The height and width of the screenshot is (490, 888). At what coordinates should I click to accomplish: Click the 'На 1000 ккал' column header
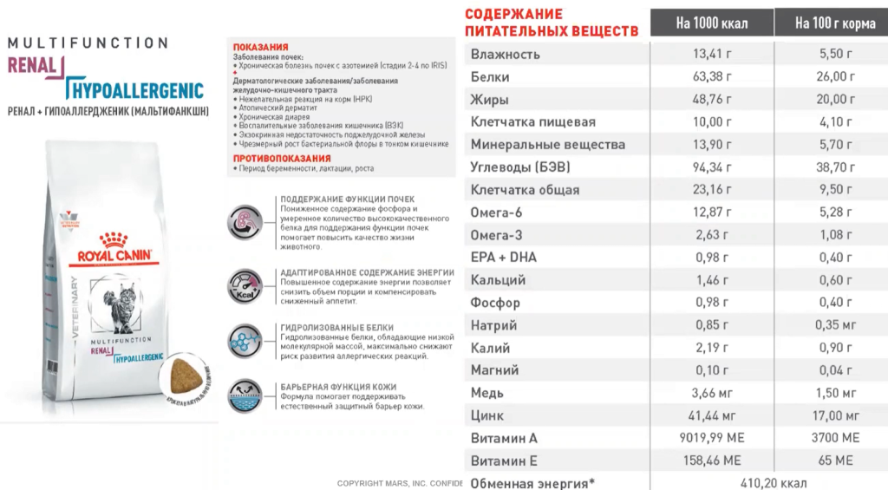tap(712, 23)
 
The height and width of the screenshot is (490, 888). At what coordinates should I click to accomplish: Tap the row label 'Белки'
tap(490, 77)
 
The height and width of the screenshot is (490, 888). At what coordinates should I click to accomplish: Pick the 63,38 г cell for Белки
tap(712, 77)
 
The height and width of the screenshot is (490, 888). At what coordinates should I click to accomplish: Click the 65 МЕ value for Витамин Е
tap(836, 461)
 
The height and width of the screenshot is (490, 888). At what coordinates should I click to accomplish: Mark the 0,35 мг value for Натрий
tap(836, 325)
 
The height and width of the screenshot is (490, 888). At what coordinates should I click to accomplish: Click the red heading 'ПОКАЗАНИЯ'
tap(261, 47)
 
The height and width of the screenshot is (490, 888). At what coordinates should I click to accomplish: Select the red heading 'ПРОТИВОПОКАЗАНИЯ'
tap(282, 159)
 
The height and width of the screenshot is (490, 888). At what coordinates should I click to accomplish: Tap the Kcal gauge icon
tap(245, 284)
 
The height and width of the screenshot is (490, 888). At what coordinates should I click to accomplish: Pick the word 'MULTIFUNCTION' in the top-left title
tap(88, 42)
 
